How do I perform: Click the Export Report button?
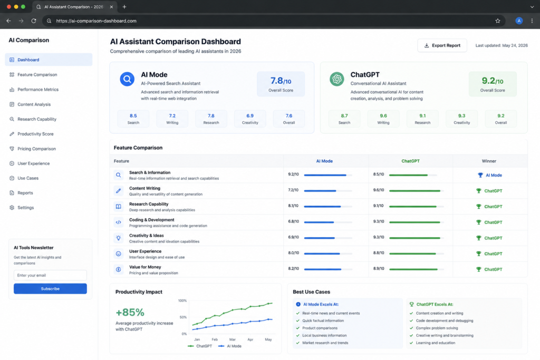point(442,45)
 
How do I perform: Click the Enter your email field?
point(50,275)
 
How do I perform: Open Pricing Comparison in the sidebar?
point(36,149)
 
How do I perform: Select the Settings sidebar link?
point(25,208)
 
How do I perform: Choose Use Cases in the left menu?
point(28,178)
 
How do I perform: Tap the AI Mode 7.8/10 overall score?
point(281,84)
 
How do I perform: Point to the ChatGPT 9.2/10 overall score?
point(493,84)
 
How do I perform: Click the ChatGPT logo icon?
point(337,79)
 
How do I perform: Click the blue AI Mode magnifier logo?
point(127,79)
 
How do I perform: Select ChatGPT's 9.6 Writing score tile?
point(383,119)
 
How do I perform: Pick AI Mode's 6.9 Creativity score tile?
point(250,119)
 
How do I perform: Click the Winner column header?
point(489,161)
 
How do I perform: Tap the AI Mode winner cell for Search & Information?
point(490,175)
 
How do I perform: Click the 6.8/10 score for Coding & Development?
point(293,221)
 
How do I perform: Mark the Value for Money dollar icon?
point(119,269)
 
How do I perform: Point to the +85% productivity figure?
point(130,312)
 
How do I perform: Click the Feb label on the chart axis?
point(215,339)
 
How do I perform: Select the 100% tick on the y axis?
point(182,301)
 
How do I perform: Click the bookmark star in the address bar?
point(498,21)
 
